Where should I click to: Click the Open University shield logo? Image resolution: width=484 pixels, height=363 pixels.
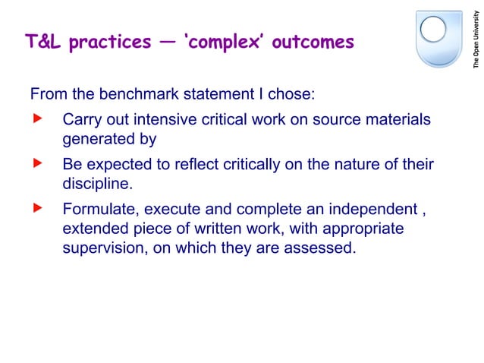tap(439, 38)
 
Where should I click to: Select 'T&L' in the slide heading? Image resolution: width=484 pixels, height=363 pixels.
tap(43, 42)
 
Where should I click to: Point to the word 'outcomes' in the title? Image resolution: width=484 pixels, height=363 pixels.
tap(313, 42)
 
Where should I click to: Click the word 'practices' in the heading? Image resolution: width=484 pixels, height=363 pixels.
tap(110, 43)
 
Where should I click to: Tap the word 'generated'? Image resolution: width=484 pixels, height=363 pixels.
tap(99, 139)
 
